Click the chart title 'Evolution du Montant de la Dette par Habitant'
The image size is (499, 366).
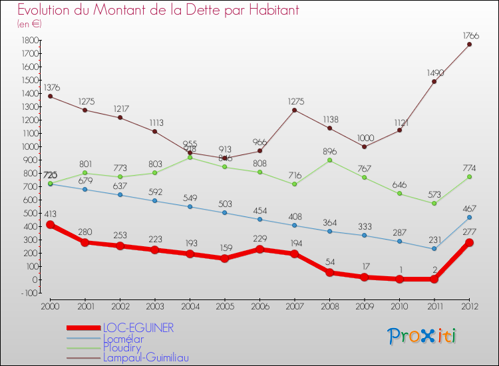pos(158,11)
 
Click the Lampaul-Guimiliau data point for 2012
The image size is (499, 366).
pos(469,45)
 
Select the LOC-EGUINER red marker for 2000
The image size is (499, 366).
pos(50,225)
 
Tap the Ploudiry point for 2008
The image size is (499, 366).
pos(329,160)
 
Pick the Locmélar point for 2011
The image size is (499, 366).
pos(434,249)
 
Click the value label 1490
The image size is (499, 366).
pos(434,71)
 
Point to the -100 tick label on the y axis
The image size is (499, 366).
pos(27,293)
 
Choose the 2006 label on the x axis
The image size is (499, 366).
pos(259,306)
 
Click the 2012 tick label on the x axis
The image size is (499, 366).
pos(469,306)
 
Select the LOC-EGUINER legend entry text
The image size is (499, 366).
pos(138,328)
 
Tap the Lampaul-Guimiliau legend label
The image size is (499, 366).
pos(146,357)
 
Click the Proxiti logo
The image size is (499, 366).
pos(422,336)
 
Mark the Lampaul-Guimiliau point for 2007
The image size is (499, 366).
pos(295,110)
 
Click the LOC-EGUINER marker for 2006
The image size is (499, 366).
pos(259,250)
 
